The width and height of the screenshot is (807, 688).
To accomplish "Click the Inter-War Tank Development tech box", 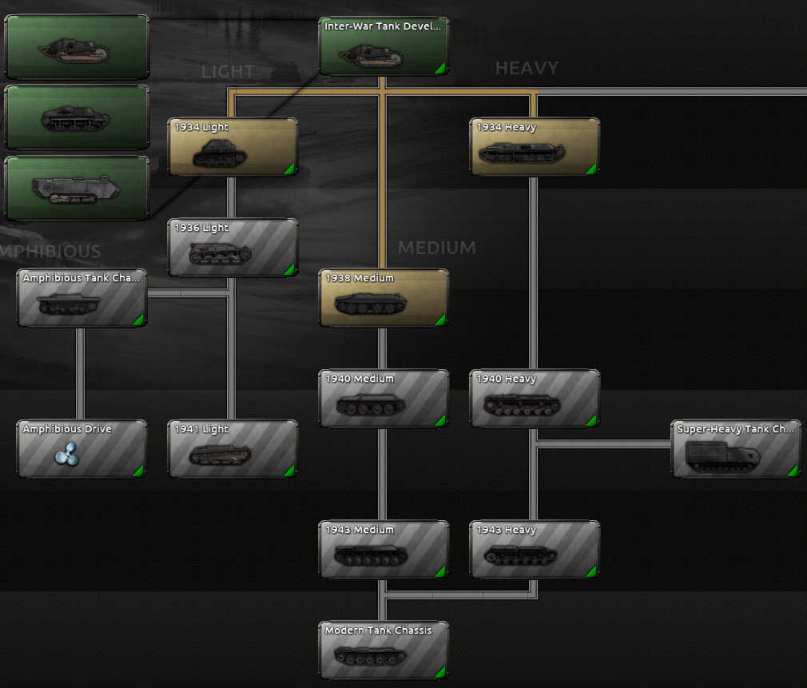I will pos(384,46).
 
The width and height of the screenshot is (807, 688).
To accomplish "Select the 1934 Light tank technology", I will pos(233,147).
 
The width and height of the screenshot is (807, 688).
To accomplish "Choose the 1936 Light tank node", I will pos(233,248).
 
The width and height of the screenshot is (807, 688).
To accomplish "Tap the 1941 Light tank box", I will pos(233,449).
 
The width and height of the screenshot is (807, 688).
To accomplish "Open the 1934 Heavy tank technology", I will pos(535,147).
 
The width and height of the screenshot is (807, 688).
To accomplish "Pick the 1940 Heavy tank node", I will pos(535,399).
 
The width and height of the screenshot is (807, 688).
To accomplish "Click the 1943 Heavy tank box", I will pos(535,550).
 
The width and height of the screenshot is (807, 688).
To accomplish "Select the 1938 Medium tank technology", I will pos(384,298).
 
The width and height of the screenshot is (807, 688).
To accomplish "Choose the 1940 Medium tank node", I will pos(384,399).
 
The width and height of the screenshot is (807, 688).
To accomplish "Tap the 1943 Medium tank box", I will pos(384,550).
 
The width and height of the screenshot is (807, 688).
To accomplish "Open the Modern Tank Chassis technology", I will pos(384,650).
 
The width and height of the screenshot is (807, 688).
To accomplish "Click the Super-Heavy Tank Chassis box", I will pos(735,449).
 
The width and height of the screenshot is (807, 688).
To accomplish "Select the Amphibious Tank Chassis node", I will pos(81,298).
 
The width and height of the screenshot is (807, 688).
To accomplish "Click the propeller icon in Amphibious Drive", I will pos(66,455).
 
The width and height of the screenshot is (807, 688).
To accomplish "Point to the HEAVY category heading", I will pos(527,69).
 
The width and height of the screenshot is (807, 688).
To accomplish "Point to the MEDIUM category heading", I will pos(436,249).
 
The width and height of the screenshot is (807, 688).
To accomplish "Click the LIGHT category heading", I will pos(228,72).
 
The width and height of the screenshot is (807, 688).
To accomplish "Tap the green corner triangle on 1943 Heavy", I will pos(591,571).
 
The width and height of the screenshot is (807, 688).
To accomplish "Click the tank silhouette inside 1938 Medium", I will pos(370,304).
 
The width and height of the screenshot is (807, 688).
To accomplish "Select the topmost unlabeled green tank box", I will pos(77,47).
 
